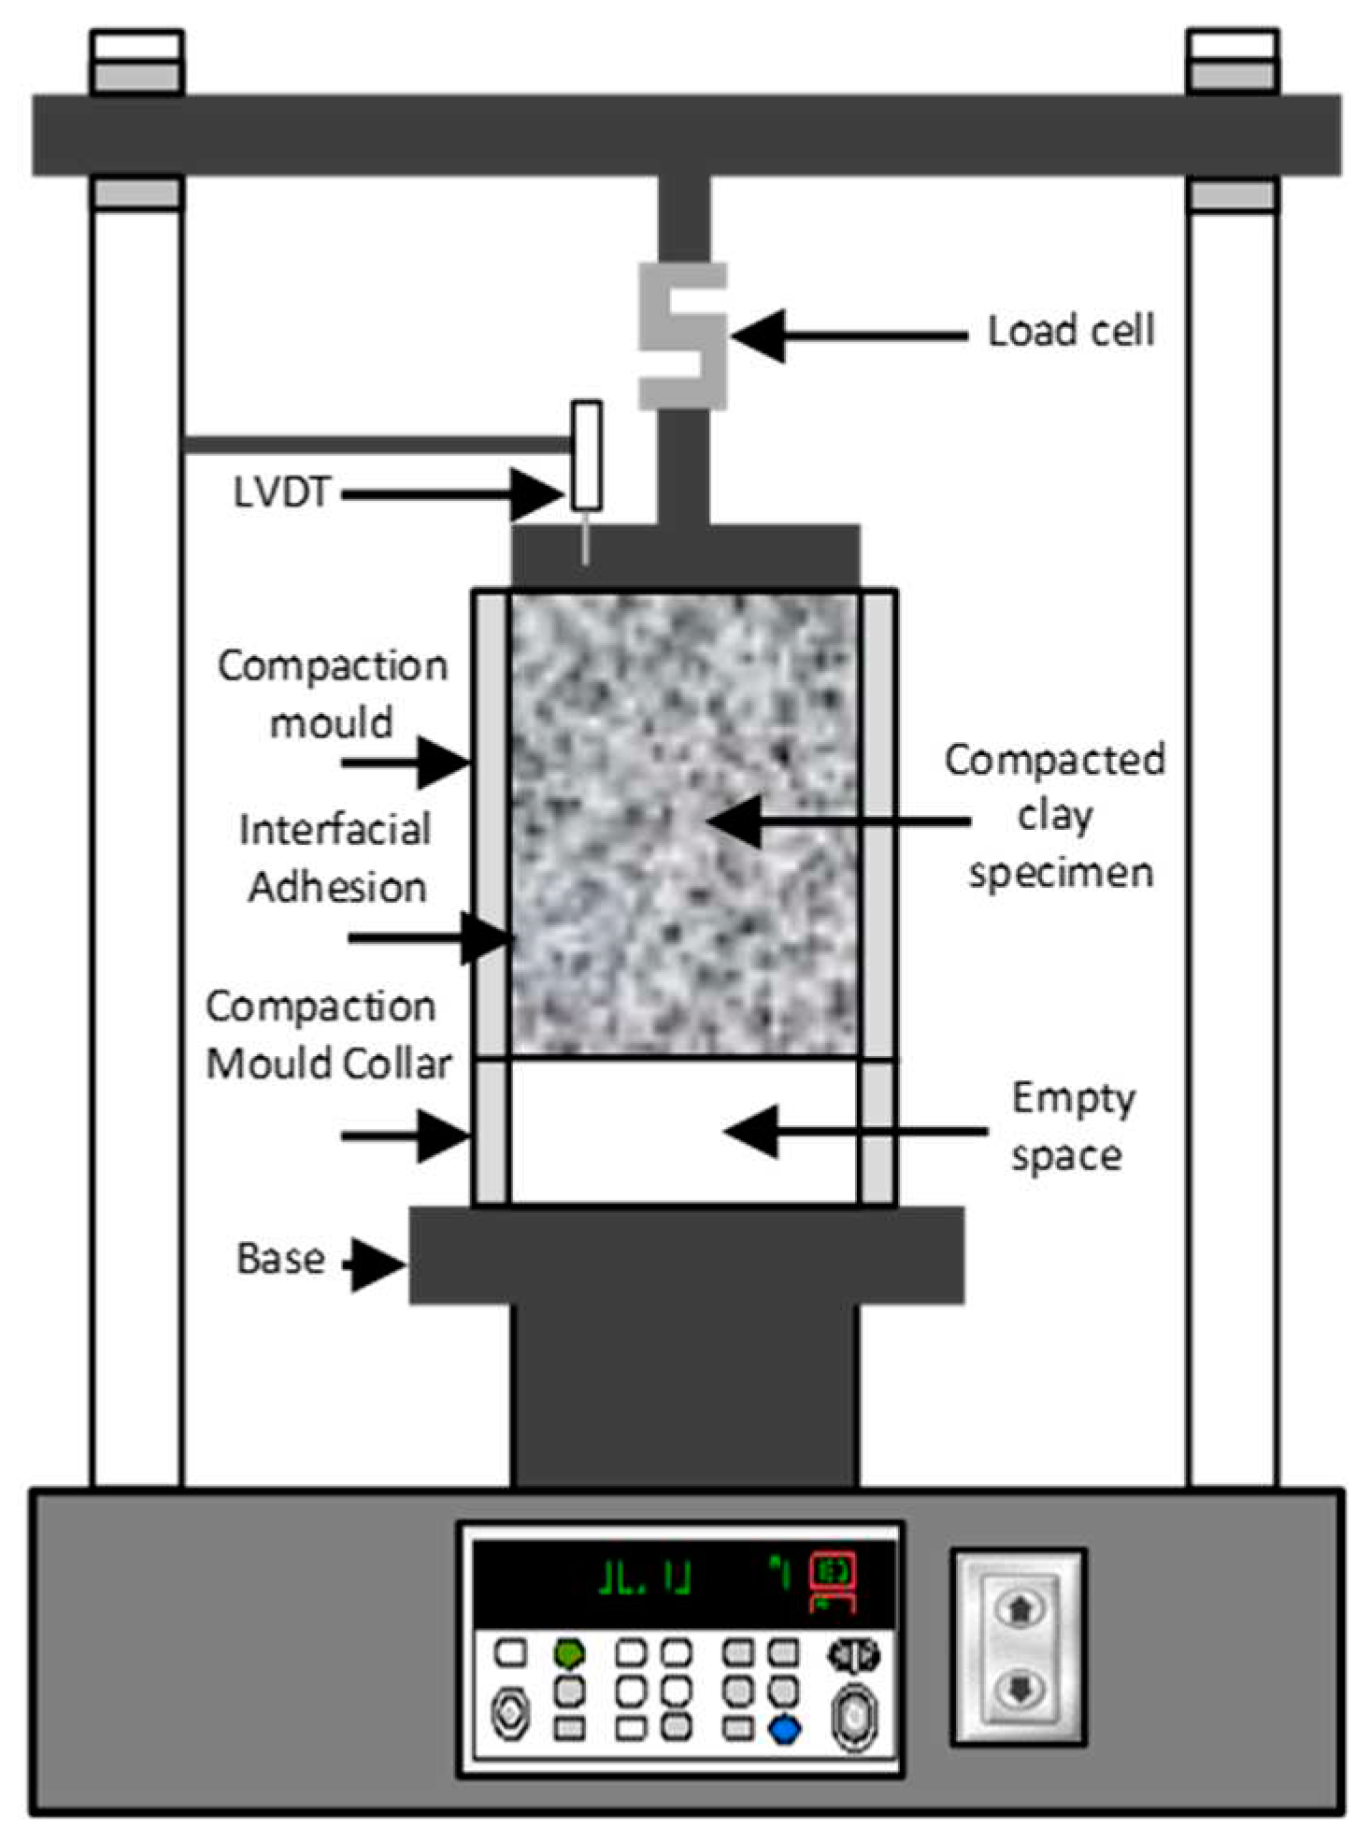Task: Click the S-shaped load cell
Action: click(x=682, y=336)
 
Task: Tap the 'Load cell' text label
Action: click(x=1071, y=332)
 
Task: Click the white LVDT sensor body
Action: click(x=587, y=455)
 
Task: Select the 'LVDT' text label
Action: click(x=281, y=493)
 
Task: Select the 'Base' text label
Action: click(x=280, y=1259)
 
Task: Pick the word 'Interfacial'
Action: click(x=335, y=830)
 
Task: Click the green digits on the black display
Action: click(x=645, y=1578)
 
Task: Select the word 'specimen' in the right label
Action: click(x=1060, y=873)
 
